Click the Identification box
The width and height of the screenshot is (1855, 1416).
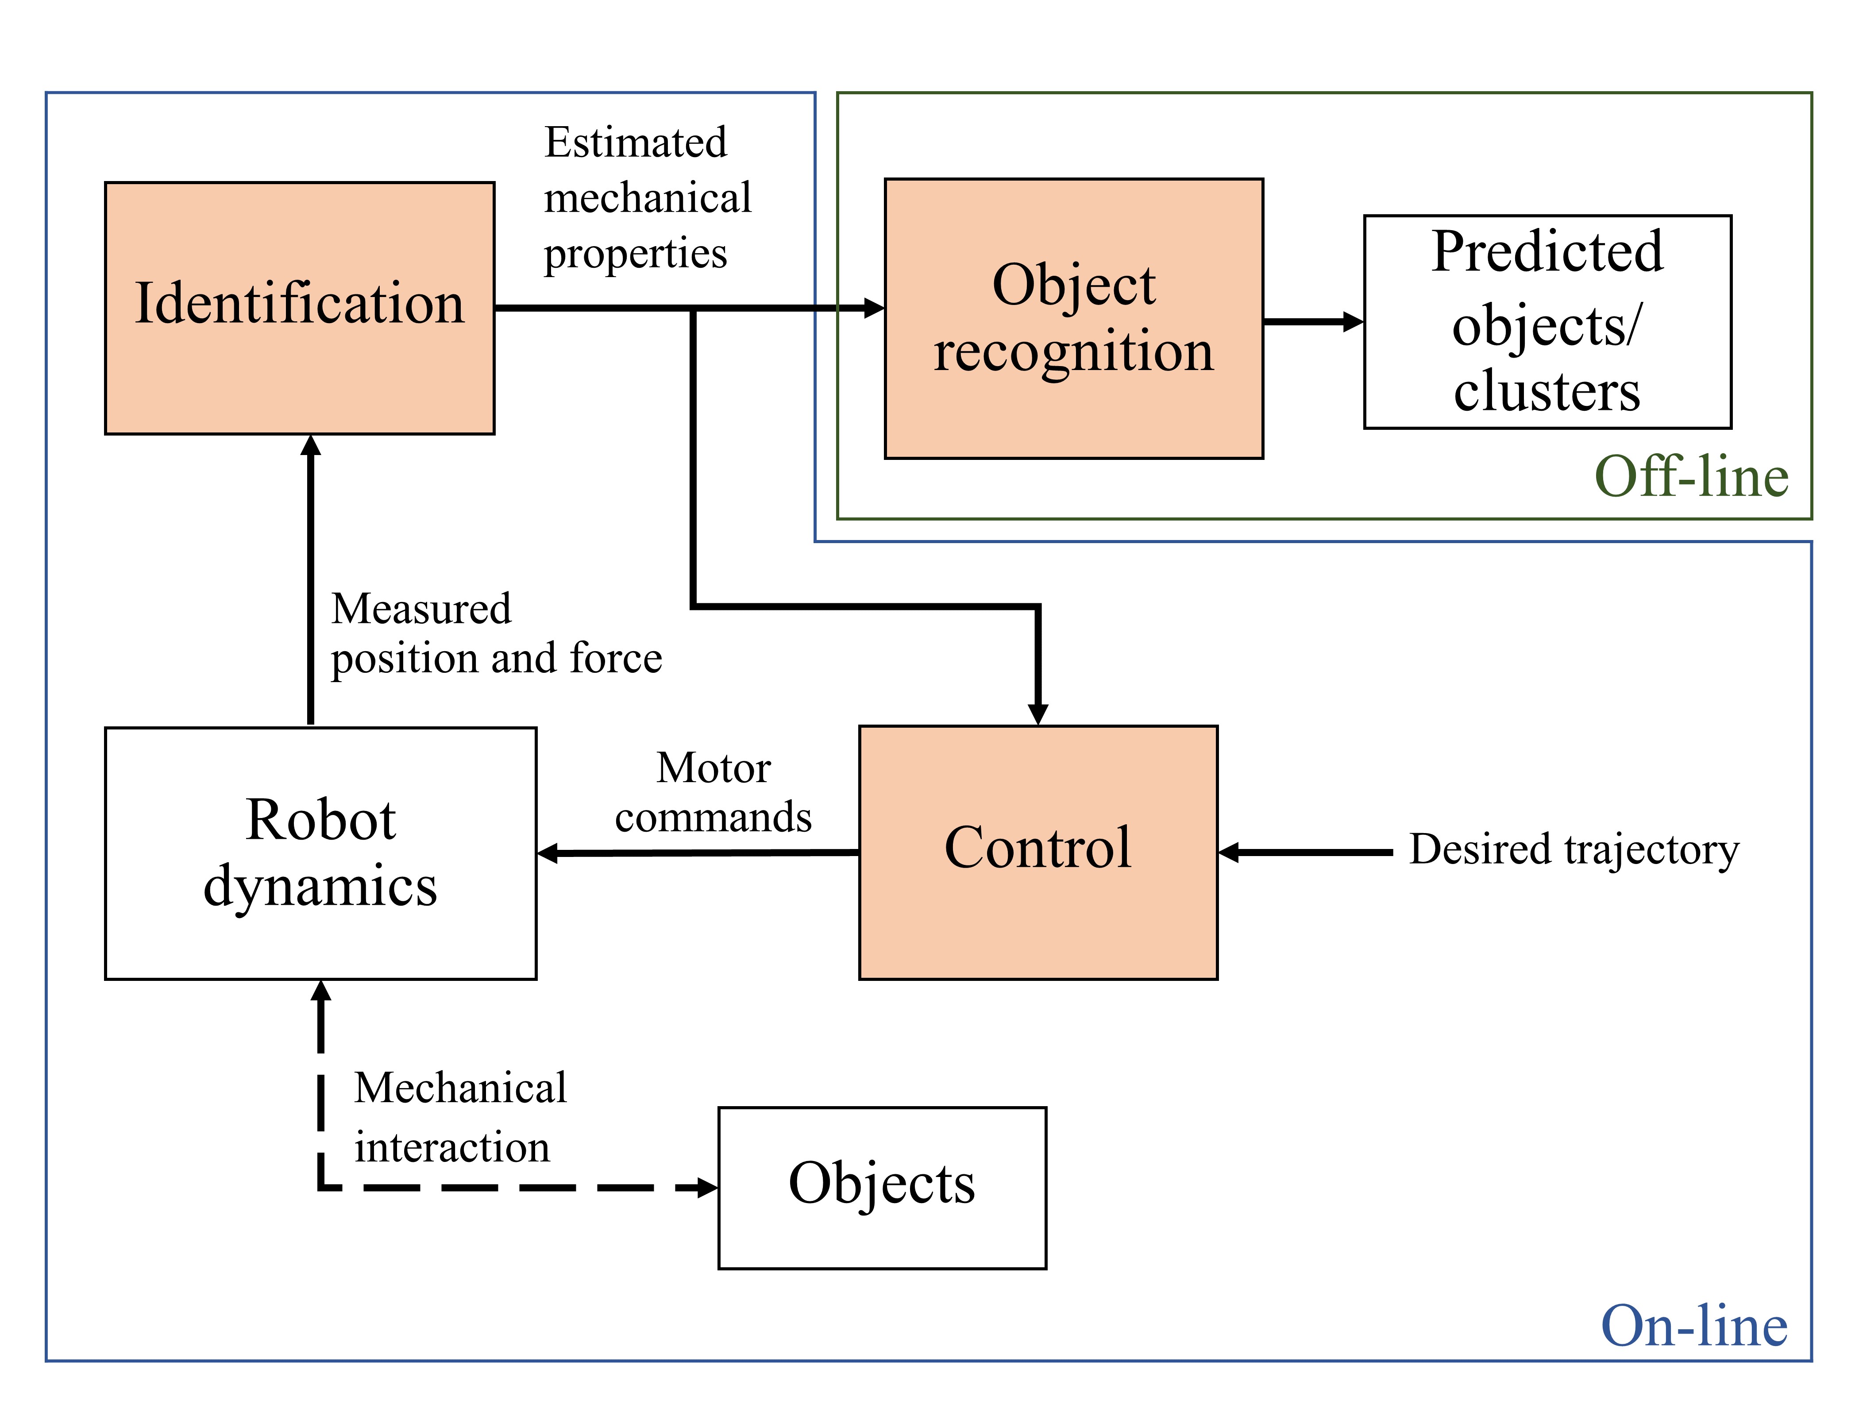(299, 308)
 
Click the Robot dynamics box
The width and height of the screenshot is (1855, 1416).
(320, 853)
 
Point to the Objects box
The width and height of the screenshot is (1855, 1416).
(882, 1187)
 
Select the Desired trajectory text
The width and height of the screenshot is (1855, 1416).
(1573, 849)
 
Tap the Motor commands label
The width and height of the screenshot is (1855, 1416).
(713, 792)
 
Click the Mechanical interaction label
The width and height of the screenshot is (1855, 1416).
(459, 1117)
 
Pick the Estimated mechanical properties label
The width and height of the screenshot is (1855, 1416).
(646, 198)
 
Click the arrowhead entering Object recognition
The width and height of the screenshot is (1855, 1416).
(874, 308)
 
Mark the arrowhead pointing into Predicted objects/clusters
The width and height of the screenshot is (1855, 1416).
(1354, 321)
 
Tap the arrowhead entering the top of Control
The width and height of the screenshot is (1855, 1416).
(1038, 714)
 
